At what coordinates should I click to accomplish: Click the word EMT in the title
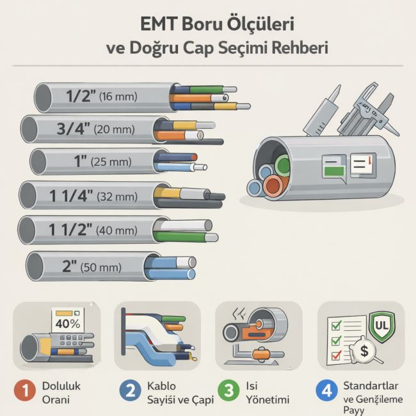point(157,24)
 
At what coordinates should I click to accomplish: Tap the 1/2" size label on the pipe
point(81,96)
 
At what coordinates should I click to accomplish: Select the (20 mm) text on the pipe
point(115,129)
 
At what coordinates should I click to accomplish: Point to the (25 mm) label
point(111,162)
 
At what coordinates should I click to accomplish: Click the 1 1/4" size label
point(71,196)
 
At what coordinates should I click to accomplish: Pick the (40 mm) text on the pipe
point(116,230)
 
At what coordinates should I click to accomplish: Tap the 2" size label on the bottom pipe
point(70,266)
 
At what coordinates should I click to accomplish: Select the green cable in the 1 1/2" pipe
point(180,236)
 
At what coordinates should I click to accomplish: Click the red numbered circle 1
point(25,390)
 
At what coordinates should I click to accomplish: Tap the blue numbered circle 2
point(130,390)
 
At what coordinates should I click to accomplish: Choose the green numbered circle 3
point(228,390)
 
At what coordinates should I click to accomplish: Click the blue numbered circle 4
point(327,390)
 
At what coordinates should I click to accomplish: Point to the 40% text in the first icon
point(68,324)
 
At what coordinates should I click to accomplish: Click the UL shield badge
point(381,326)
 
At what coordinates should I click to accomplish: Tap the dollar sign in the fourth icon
point(364,351)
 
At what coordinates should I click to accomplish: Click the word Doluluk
point(61,386)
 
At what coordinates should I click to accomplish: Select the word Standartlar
point(371,386)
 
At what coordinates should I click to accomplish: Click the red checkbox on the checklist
point(337,355)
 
